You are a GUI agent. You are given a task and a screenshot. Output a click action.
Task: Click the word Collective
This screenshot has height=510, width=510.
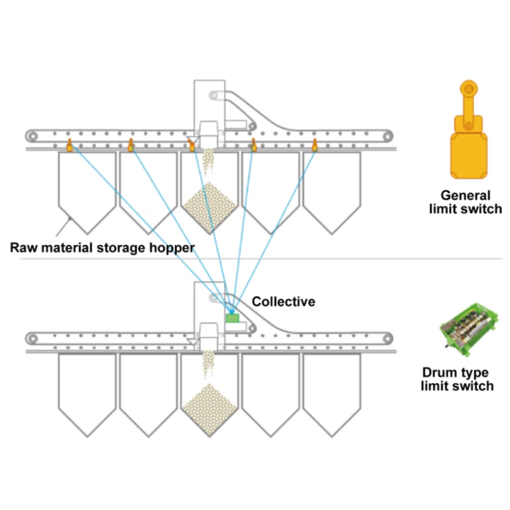283,301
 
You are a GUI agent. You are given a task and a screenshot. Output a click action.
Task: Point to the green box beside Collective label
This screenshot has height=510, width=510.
232,317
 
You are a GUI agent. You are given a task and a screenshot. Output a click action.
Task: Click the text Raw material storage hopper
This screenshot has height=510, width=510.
102,247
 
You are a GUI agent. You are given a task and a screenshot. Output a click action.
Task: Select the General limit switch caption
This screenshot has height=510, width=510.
465,202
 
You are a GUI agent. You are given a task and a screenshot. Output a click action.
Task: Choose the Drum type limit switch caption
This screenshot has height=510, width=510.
457,379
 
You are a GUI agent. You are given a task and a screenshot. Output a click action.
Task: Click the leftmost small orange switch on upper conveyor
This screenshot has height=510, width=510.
69,145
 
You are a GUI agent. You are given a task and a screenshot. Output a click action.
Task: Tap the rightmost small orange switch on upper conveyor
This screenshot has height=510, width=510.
315,145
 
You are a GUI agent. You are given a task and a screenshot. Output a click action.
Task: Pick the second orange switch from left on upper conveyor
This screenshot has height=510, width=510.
130,145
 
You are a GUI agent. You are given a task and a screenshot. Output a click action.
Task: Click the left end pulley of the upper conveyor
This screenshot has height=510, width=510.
33,136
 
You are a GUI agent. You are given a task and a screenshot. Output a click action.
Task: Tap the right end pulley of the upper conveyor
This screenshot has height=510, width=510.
385,136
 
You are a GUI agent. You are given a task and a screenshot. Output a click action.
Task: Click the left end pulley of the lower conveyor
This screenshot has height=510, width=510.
33,339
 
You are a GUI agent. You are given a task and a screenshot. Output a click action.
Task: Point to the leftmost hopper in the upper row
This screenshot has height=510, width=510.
87,187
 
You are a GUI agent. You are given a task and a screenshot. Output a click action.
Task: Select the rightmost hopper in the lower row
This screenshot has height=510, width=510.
331,388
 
